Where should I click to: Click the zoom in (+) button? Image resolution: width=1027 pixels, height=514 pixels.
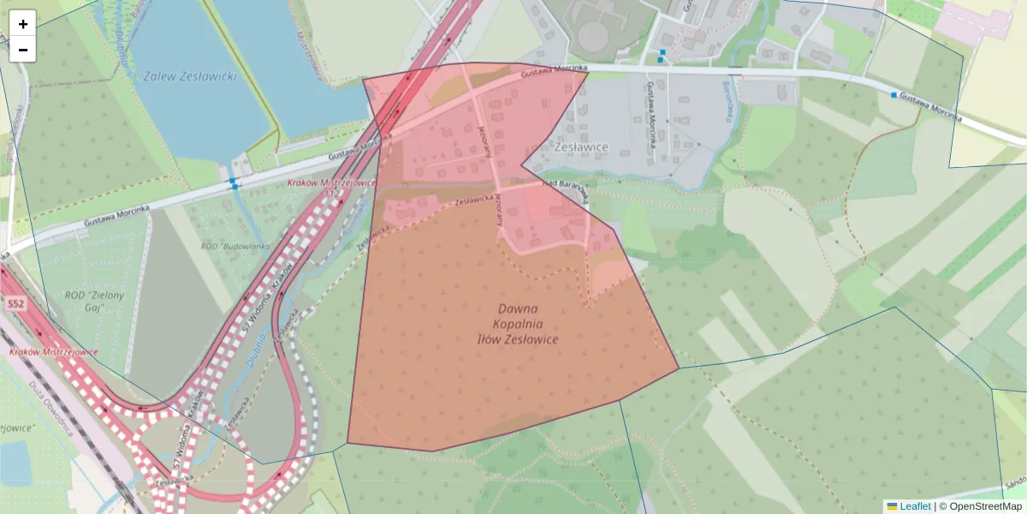tap(23, 24)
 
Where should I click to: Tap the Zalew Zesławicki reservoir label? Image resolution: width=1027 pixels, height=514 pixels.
tap(190, 75)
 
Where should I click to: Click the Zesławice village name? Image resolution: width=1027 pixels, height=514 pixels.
tap(581, 147)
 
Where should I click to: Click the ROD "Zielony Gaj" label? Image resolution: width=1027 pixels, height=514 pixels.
tap(95, 302)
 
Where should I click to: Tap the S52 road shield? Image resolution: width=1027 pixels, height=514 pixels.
tap(15, 304)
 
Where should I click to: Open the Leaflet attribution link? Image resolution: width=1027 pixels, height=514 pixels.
tap(914, 506)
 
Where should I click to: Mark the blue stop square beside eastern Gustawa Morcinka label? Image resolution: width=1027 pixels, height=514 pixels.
tap(894, 95)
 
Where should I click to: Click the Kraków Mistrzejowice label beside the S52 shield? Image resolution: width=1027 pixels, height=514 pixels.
tap(53, 352)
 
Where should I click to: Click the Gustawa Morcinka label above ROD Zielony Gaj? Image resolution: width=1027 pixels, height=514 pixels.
tap(116, 214)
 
